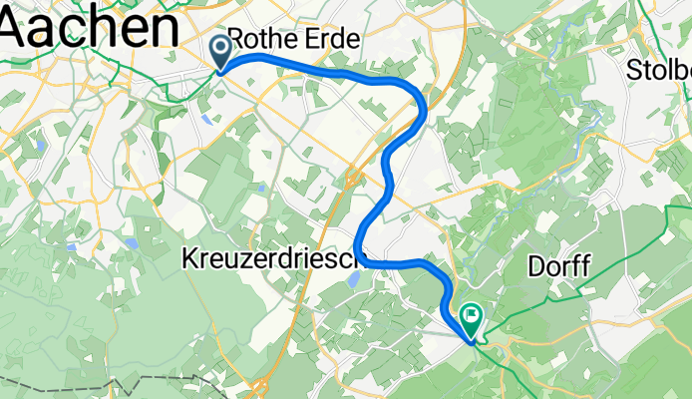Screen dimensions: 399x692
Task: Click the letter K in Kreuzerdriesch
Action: coord(189,259)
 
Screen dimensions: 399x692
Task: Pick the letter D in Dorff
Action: coord(534,266)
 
